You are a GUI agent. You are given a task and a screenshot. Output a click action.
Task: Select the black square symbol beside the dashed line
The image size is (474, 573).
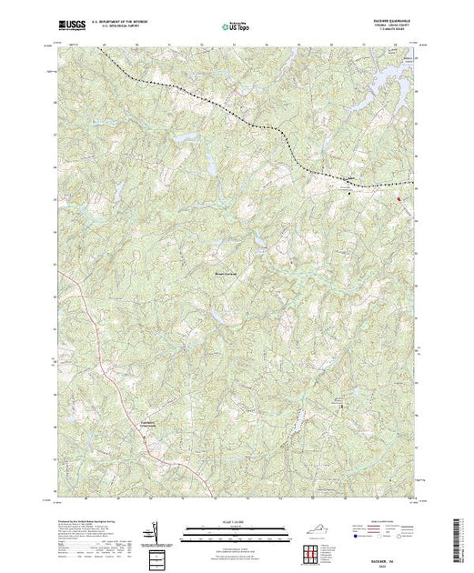tap(353, 192)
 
